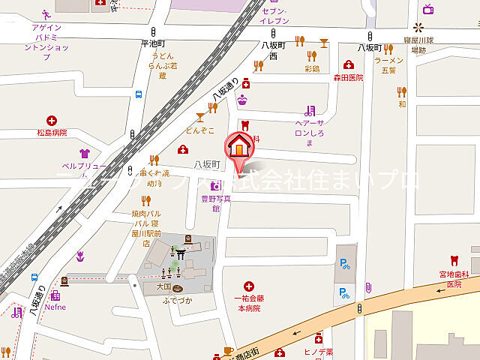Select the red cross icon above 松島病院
click(x=52, y=120)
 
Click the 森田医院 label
click(x=349, y=77)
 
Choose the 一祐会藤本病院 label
click(x=249, y=302)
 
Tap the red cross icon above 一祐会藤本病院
click(x=249, y=286)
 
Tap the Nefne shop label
click(x=55, y=307)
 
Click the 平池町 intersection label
click(x=152, y=45)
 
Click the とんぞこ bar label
click(x=199, y=129)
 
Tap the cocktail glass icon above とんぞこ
click(x=200, y=116)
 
